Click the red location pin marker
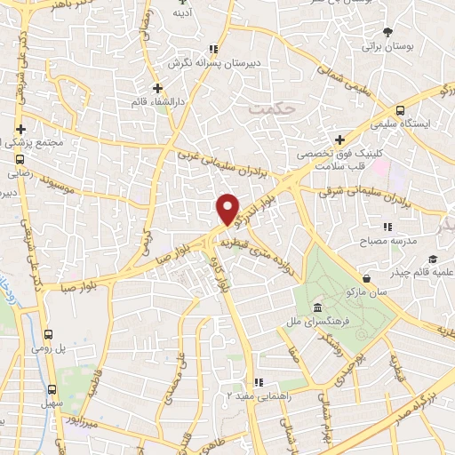tap(228, 210)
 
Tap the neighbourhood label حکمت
tap(272, 108)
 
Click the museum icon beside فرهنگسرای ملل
tap(317, 308)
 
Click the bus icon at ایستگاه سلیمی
tap(400, 110)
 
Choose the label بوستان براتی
tap(383, 46)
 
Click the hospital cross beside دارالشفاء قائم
tap(157, 88)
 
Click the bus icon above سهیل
tap(52, 389)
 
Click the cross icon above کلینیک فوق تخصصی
tap(339, 139)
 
